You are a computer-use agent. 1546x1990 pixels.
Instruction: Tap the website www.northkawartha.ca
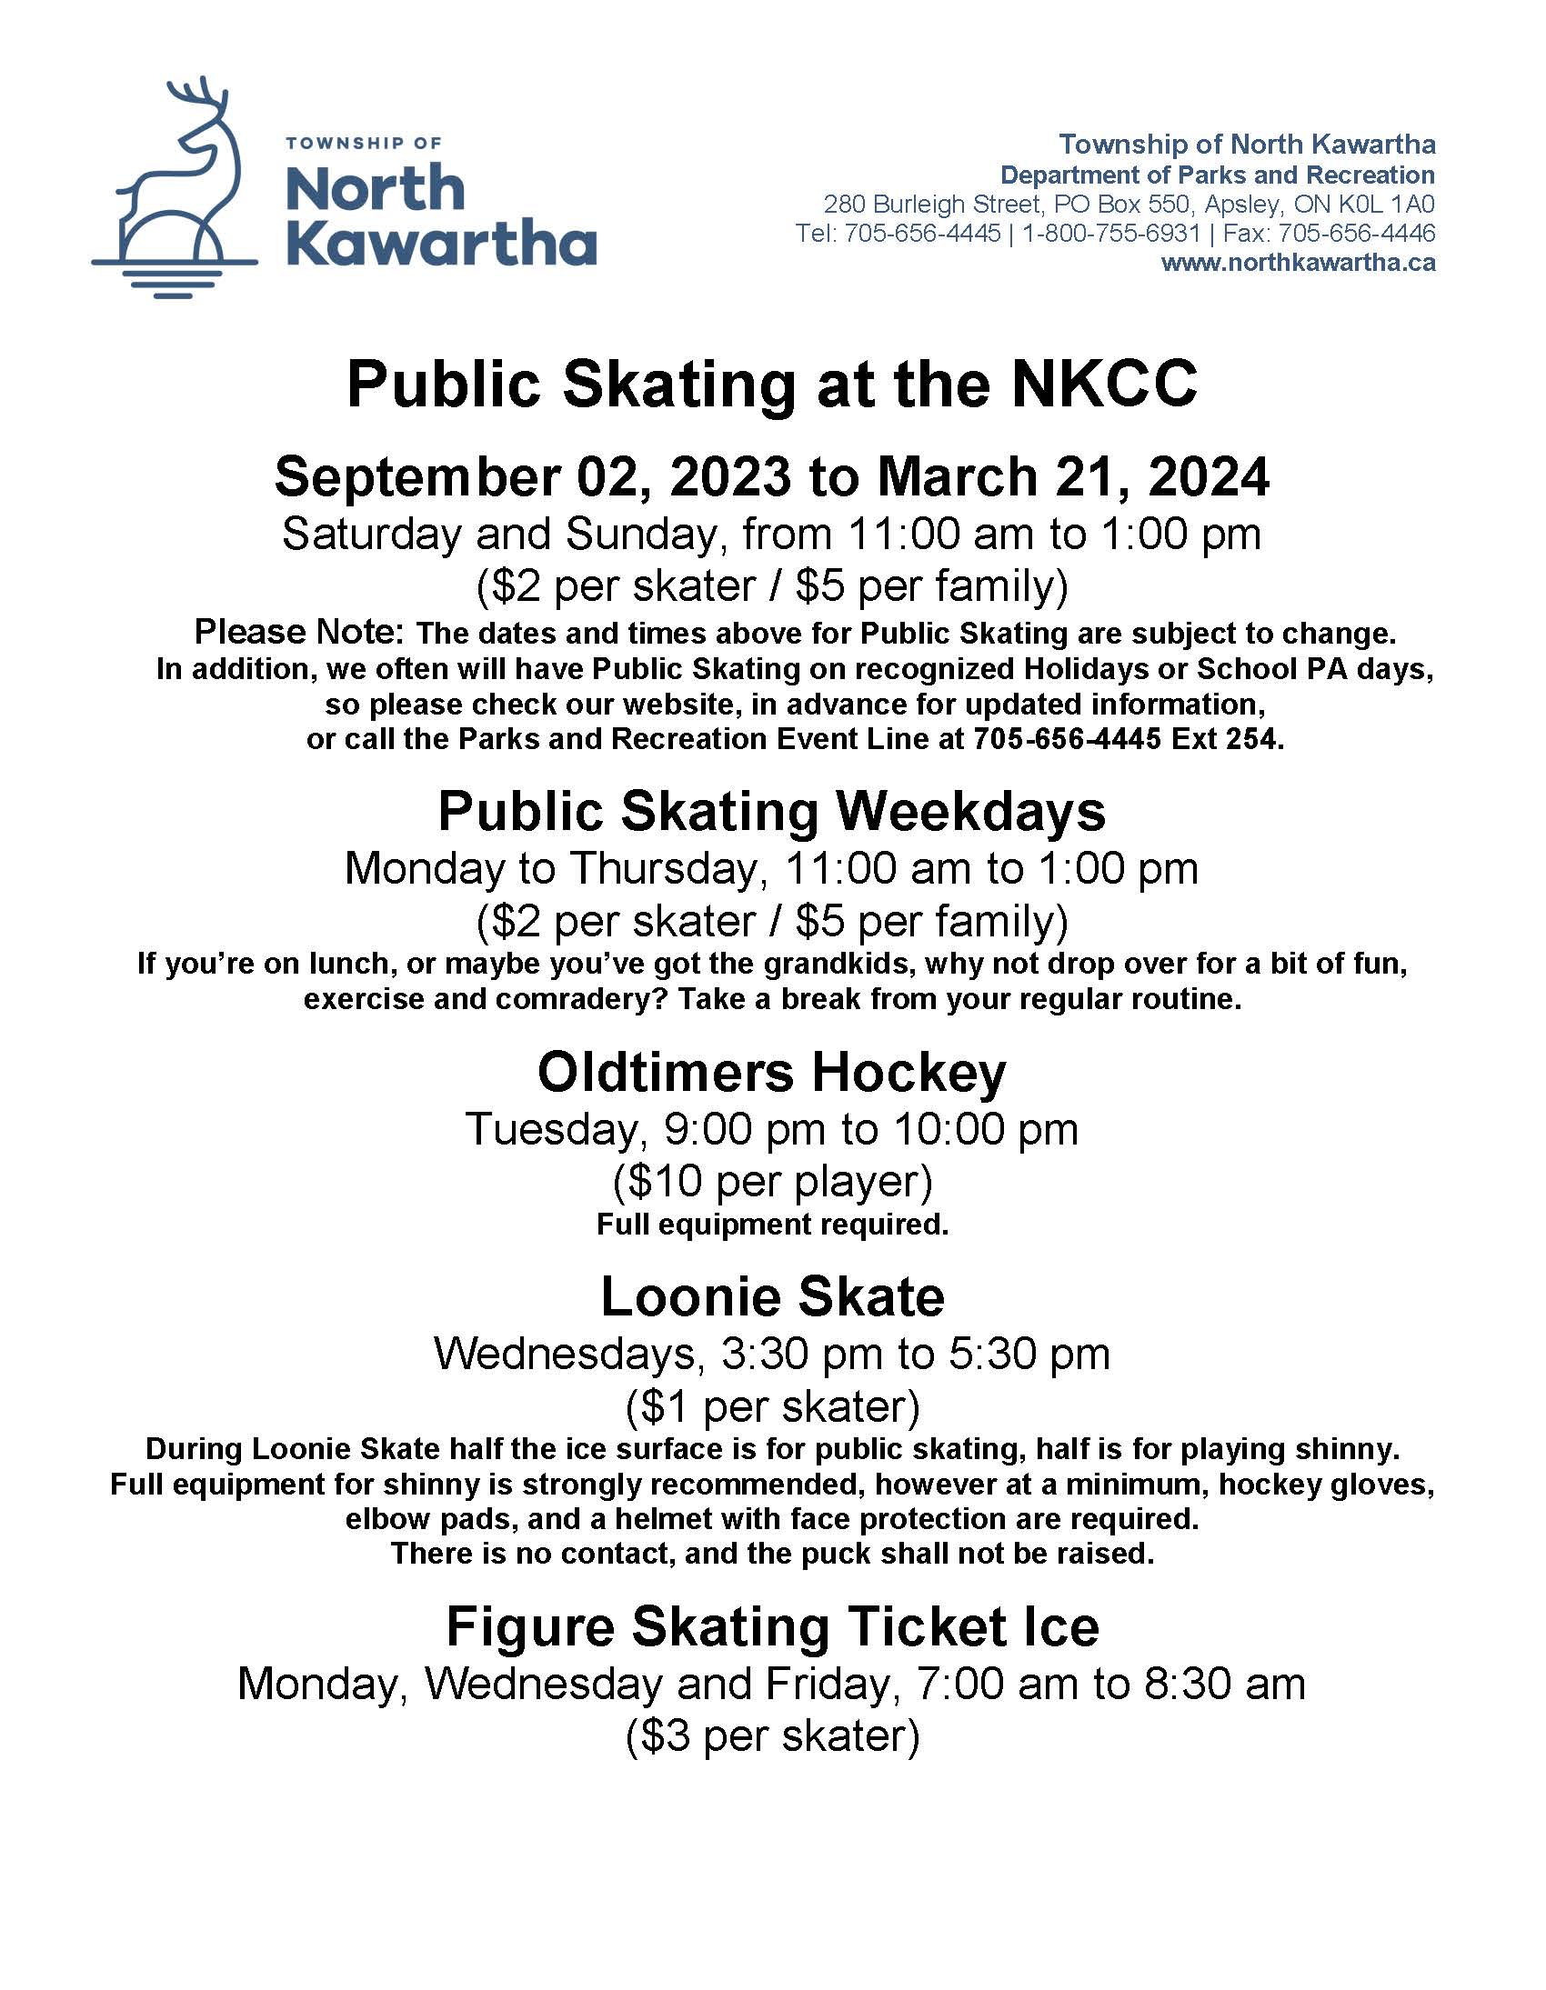(x=1297, y=264)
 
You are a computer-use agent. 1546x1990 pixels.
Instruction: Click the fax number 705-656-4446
(x=1359, y=234)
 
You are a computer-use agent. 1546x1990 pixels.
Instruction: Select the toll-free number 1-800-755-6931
(x=1110, y=234)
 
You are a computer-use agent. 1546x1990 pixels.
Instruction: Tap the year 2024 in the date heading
(x=1209, y=477)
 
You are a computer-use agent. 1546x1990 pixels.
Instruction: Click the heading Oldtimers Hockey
(x=772, y=1072)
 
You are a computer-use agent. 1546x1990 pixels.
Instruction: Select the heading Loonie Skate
(x=772, y=1297)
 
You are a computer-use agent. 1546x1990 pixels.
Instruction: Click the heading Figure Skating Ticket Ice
(x=772, y=1626)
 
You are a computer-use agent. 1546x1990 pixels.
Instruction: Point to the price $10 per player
(x=772, y=1181)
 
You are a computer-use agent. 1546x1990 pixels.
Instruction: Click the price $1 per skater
(x=772, y=1406)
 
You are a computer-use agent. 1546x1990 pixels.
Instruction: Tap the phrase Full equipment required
(x=772, y=1225)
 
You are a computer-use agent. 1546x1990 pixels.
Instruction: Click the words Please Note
(x=298, y=632)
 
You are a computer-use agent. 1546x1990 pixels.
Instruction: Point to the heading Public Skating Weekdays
(x=772, y=811)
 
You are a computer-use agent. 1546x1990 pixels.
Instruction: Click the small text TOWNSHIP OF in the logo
(x=364, y=143)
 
